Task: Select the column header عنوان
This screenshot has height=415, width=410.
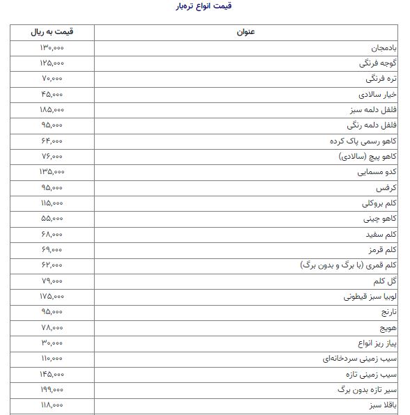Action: tap(248, 33)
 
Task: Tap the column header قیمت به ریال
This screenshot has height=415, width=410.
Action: tap(52, 33)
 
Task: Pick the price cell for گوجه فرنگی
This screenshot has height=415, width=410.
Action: tap(52, 63)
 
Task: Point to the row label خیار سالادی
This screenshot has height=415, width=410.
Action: tap(377, 94)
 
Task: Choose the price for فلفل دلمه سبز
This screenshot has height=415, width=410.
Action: tap(52, 110)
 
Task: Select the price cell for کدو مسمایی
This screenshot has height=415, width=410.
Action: tap(52, 171)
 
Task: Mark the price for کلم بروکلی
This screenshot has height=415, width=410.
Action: tap(52, 203)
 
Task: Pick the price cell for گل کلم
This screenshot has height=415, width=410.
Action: tap(52, 281)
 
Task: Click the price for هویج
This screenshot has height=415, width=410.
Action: tap(52, 327)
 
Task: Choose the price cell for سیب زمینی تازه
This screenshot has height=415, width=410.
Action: tap(52, 374)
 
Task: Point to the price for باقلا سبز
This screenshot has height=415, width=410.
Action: tap(52, 405)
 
